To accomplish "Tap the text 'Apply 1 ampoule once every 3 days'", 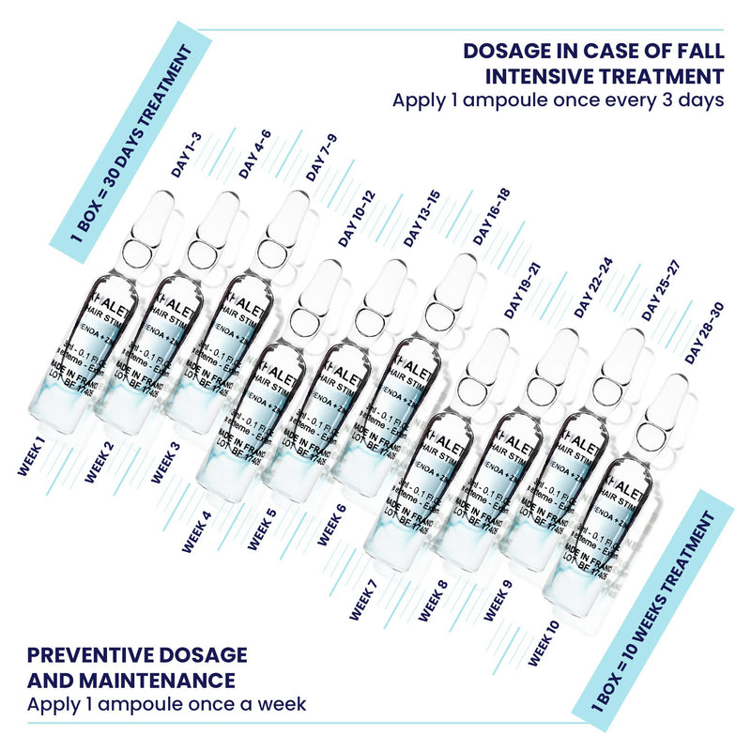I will coord(558,100).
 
